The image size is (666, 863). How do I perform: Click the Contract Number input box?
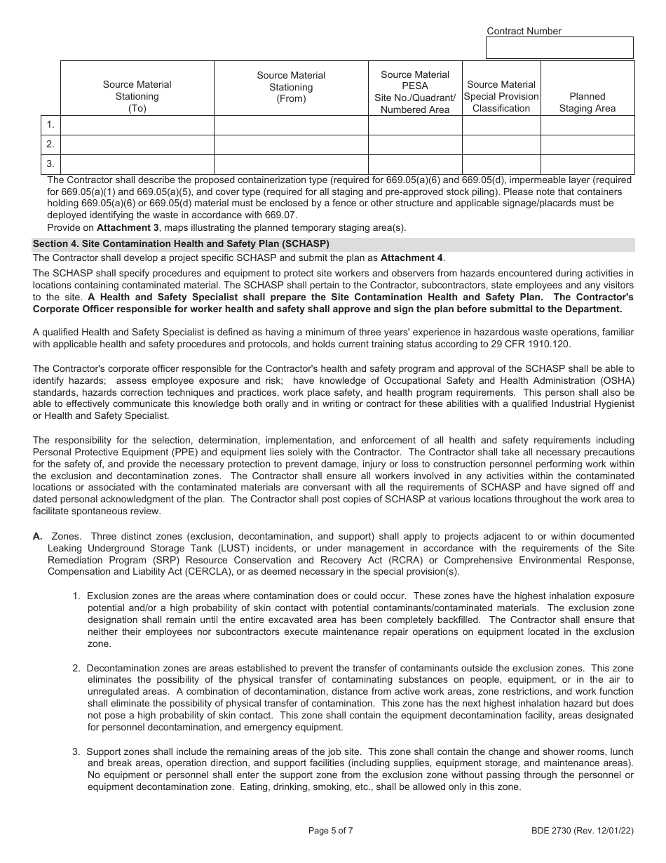[559, 48]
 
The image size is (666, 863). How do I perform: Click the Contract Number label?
[524, 31]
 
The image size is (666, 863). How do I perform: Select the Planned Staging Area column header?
[587, 102]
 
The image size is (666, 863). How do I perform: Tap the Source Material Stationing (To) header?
[137, 97]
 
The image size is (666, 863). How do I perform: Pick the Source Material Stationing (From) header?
[291, 87]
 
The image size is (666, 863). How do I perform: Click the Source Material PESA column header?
[415, 92]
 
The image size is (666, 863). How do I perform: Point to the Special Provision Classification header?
[501, 97]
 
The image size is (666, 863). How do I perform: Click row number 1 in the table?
[50, 125]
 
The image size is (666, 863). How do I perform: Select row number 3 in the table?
[50, 164]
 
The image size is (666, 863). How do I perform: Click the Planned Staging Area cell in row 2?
[587, 145]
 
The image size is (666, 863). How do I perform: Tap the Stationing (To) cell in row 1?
[137, 125]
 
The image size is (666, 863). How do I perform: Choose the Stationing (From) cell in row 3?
[291, 164]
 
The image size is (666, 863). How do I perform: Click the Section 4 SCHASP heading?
[181, 244]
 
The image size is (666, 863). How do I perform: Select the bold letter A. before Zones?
[38, 536]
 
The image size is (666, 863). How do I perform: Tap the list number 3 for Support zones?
[76, 751]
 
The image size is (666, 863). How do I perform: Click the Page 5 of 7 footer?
[330, 831]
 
